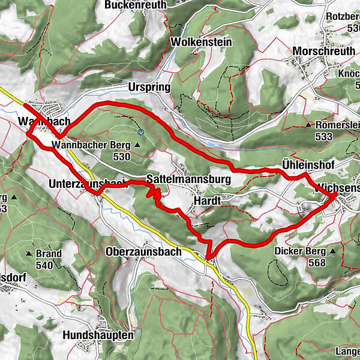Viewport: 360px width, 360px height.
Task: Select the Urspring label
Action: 149,87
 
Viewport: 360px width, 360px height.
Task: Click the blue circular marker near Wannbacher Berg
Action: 140,131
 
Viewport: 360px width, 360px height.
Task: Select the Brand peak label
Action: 49,253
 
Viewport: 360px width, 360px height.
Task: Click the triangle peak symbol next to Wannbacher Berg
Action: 137,145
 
